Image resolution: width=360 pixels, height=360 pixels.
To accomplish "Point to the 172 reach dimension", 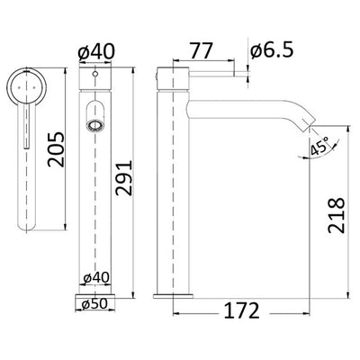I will [238, 310].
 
